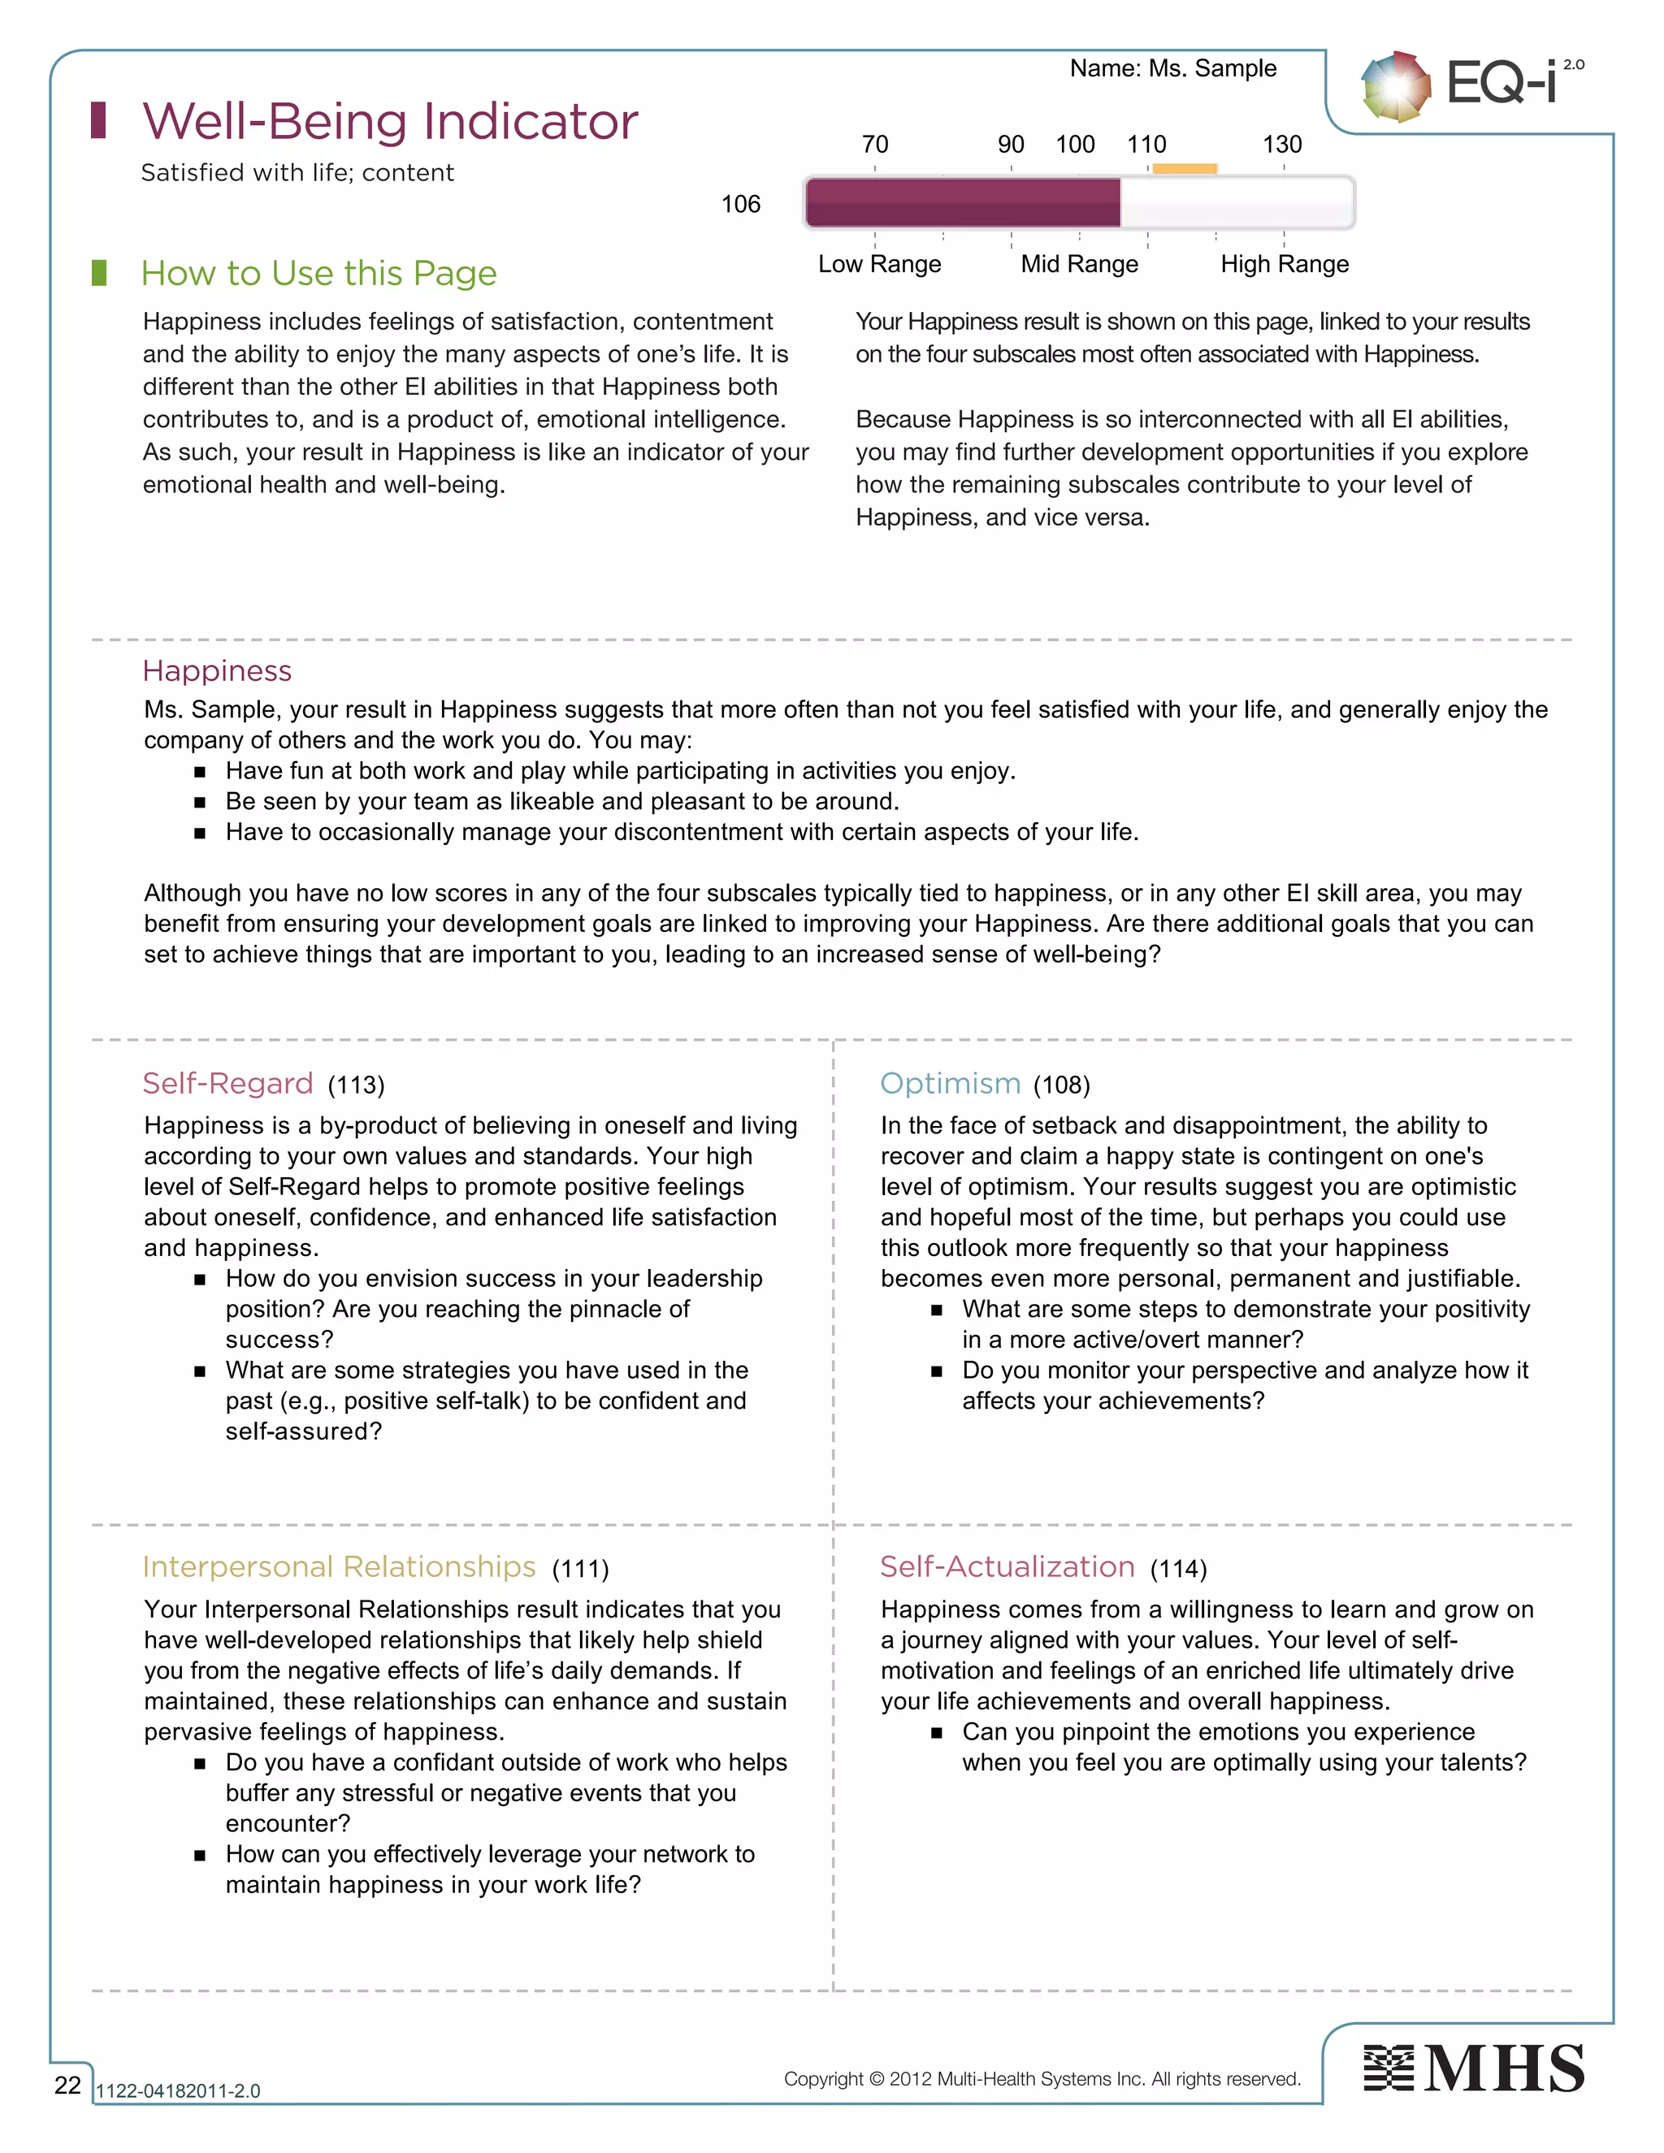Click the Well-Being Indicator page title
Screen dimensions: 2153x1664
[390, 121]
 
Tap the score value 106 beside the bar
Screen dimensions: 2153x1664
[740, 204]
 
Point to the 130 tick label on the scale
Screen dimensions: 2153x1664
[1281, 145]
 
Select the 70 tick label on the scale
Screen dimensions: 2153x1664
[874, 145]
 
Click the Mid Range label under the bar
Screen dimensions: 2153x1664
[1080, 264]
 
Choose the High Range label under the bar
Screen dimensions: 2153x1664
[1285, 264]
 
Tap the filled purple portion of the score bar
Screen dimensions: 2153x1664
[962, 203]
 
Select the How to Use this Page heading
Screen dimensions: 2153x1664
[318, 273]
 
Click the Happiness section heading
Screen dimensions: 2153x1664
[217, 671]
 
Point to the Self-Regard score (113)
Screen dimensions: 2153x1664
[356, 1085]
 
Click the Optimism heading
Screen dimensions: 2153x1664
[951, 1083]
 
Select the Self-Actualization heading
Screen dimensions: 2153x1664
[1007, 1567]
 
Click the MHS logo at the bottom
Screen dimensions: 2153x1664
[1474, 2069]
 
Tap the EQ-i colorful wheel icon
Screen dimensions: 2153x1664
[1395, 87]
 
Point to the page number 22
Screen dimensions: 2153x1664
[67, 2085]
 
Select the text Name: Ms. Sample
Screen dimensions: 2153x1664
[1173, 68]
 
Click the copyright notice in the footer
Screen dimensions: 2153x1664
[1042, 2079]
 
